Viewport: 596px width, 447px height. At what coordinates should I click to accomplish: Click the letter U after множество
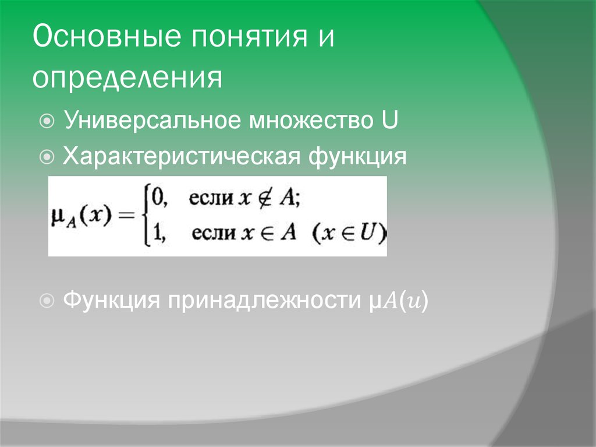click(x=389, y=121)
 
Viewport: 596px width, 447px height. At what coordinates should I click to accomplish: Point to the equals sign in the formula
click(x=126, y=216)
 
